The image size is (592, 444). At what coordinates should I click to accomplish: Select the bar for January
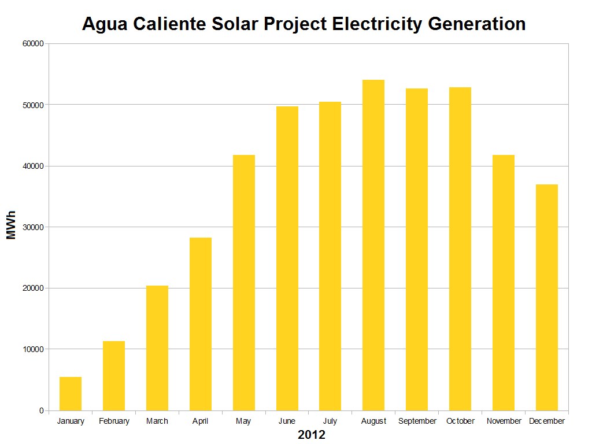71,394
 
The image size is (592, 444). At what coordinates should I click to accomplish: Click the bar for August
373,245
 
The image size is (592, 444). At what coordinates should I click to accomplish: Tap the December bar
547,297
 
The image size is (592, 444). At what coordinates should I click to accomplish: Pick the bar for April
201,324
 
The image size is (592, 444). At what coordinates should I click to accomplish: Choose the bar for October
460,249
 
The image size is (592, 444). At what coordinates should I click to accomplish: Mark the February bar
114,376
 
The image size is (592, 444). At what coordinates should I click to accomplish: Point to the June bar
287,258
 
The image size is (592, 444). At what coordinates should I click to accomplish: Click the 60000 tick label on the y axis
33,44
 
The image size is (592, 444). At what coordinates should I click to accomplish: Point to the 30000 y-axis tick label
33,227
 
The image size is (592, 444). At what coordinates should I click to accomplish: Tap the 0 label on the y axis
41,410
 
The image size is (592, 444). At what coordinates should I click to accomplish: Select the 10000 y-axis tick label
33,349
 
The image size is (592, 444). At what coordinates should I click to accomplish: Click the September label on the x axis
417,421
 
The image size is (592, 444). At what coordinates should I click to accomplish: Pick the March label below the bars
157,421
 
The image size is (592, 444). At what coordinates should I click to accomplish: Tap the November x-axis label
504,421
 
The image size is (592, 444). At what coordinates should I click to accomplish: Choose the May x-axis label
243,421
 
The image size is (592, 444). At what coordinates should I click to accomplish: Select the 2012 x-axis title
312,435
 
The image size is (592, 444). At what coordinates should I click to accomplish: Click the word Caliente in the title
169,24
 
